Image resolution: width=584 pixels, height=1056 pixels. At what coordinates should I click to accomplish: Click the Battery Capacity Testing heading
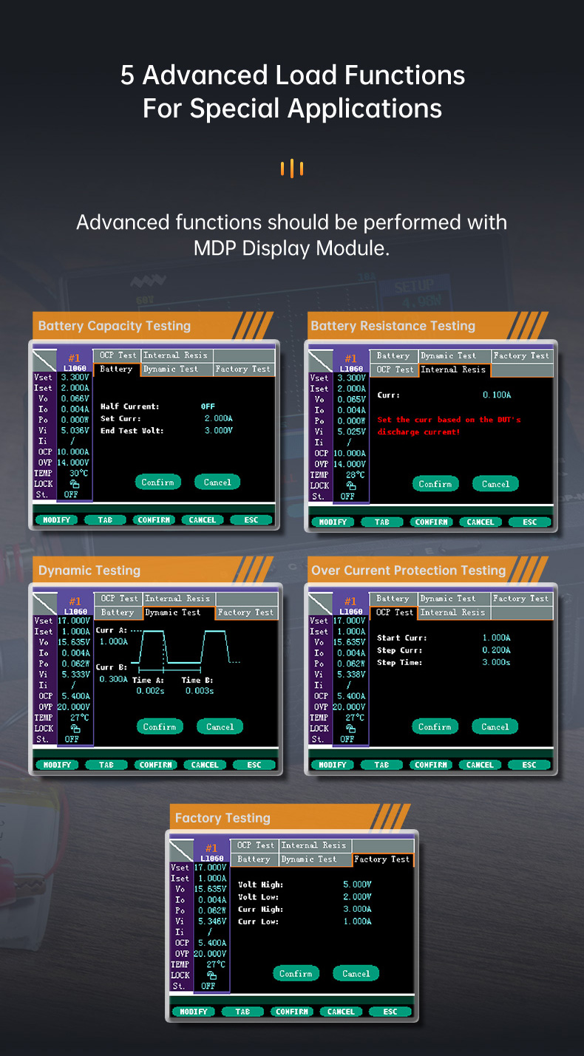[114, 326]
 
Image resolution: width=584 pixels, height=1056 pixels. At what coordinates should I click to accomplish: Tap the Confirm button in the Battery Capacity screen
[157, 482]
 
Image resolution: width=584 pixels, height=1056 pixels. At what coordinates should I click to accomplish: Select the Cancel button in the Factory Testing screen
[356, 973]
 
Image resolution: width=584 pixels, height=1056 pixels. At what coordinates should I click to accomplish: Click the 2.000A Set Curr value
[218, 418]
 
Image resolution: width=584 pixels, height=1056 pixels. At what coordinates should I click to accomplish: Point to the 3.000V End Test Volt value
[218, 430]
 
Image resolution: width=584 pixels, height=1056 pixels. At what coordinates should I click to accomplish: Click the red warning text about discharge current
[449, 426]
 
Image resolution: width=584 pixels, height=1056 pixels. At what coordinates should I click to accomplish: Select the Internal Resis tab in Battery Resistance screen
[453, 369]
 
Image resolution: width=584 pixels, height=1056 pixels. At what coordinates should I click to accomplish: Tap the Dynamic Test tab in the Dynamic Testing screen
[173, 613]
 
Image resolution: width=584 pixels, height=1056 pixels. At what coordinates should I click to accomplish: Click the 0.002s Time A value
[151, 691]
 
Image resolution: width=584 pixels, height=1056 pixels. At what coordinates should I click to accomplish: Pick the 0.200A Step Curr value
[496, 650]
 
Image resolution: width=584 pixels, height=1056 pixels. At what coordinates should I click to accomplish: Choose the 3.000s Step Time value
[496, 662]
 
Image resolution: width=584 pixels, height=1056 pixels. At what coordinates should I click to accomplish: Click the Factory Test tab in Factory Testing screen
[382, 859]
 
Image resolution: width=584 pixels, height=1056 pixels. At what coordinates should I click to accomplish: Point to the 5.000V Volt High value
[357, 885]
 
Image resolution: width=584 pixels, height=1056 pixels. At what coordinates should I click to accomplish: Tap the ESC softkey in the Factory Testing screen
[390, 1012]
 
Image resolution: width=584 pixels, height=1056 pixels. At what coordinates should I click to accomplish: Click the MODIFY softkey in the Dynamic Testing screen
[57, 765]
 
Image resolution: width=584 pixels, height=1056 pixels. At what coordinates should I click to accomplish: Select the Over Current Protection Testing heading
[409, 570]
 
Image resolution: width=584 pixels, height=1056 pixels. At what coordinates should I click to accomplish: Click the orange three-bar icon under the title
[292, 168]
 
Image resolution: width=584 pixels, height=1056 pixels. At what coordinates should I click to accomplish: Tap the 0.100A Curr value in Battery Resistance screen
[497, 395]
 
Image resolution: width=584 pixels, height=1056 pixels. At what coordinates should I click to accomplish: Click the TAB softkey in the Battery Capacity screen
[105, 520]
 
